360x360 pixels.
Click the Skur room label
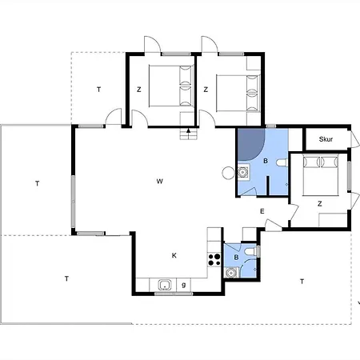(x=326, y=139)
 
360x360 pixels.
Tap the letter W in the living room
(x=159, y=182)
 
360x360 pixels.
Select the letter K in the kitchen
(x=174, y=255)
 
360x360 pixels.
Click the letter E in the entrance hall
(x=262, y=211)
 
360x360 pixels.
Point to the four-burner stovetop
(x=214, y=260)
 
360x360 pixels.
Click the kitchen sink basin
(x=165, y=285)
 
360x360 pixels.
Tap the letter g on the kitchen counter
(x=184, y=285)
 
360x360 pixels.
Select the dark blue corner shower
(x=250, y=145)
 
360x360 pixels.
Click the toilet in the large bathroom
(x=282, y=162)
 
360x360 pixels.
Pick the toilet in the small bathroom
(x=251, y=251)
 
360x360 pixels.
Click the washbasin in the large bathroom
(x=243, y=172)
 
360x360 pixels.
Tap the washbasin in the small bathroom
(x=230, y=273)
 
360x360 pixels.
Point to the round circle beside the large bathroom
(x=228, y=173)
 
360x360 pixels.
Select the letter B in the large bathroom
(x=266, y=161)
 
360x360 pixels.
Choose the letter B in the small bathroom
(x=236, y=258)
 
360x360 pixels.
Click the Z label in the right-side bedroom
(x=320, y=204)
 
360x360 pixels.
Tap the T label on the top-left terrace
(x=98, y=90)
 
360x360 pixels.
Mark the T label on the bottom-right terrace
(x=302, y=282)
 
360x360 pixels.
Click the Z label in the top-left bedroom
(x=138, y=90)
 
